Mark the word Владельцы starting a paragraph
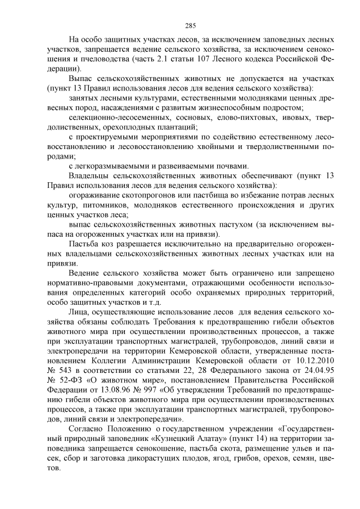[x=88, y=175]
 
